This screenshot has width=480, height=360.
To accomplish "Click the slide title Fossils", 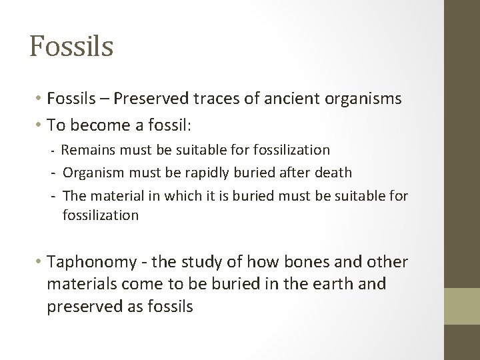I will click(71, 46).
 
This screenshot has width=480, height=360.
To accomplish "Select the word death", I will click(333, 173).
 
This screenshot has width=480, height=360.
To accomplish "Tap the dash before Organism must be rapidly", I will click(52, 173).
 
